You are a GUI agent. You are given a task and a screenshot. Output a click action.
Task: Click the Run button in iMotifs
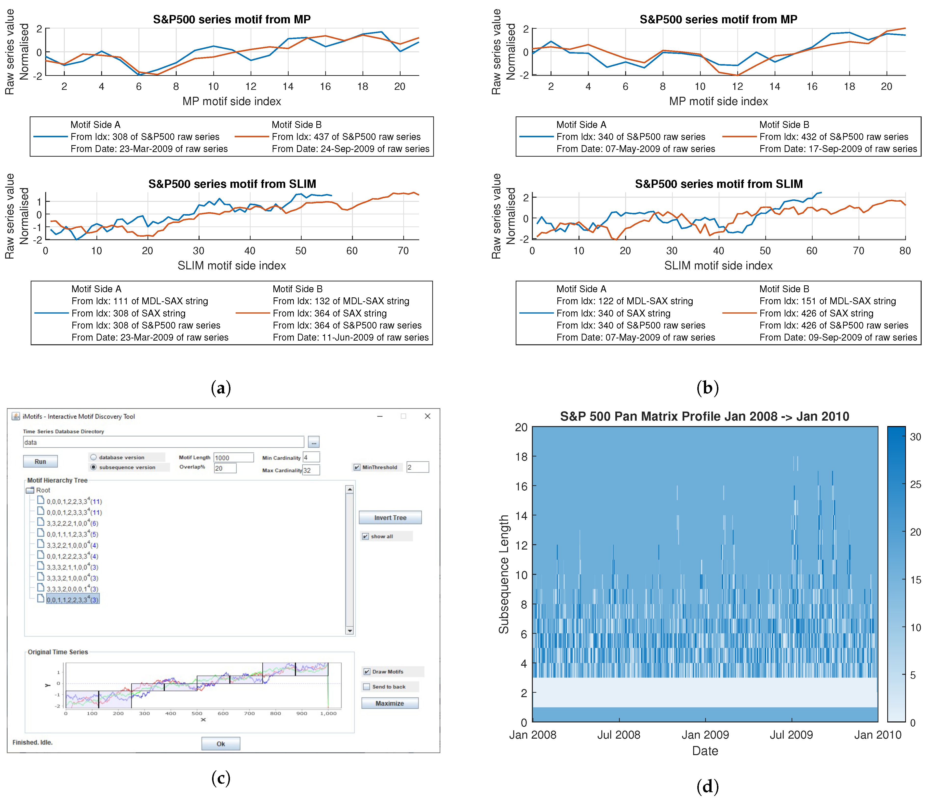tap(40, 461)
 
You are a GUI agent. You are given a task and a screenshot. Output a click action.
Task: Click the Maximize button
tap(389, 703)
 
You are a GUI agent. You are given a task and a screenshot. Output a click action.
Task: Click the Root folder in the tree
tap(43, 490)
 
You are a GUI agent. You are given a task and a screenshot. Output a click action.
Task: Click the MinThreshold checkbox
tap(357, 467)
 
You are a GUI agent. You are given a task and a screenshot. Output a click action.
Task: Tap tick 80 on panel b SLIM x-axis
tap(904, 251)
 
